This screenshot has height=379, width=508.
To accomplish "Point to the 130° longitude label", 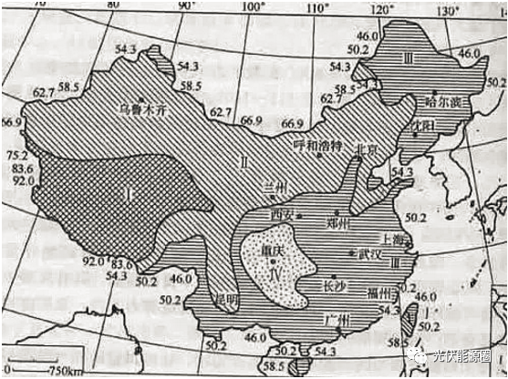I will point(449,11).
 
